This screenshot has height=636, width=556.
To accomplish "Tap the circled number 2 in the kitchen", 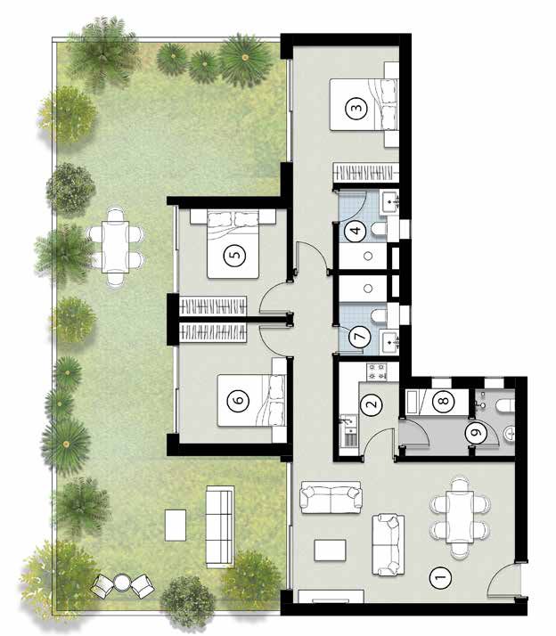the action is point(372,404).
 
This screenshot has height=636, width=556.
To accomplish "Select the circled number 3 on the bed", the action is point(356,108).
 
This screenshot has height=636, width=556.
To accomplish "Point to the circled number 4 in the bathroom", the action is point(356,231).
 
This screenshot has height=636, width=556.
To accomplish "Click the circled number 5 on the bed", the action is point(236,255).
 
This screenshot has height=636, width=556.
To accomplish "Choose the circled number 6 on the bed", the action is point(239,399).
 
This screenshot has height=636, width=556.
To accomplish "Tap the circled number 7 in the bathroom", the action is point(360,336).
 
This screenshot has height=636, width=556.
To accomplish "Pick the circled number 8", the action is point(443,401).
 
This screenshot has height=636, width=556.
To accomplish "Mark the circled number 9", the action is point(477,432).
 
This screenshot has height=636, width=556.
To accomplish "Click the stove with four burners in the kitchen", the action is point(377,372).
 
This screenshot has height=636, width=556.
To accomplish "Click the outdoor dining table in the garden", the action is point(116,247).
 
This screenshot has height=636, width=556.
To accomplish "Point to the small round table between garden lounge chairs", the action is point(121,582).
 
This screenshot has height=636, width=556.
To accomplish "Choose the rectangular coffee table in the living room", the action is point(331,550).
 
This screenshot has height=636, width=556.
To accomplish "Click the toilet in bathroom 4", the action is point(380,230).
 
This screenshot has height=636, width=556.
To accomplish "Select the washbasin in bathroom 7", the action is point(389,341).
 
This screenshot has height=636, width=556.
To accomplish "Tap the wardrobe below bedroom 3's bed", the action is point(364,171).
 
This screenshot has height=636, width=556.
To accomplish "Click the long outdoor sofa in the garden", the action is point(219,526).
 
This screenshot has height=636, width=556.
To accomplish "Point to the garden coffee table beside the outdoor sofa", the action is point(176,526).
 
